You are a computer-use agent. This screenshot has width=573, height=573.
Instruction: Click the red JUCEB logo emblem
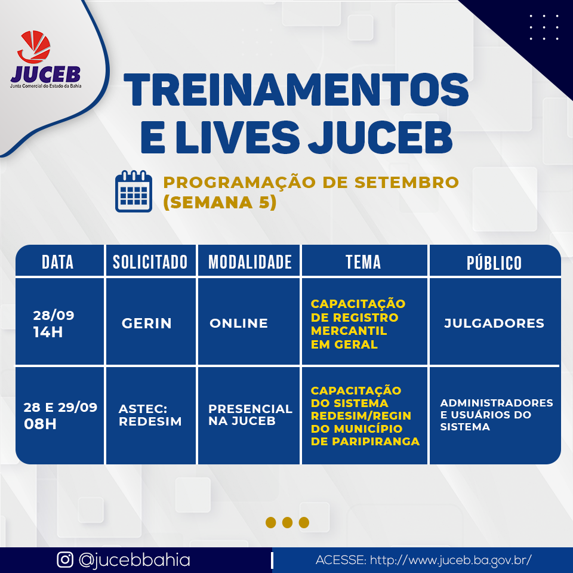pyautogui.click(x=34, y=47)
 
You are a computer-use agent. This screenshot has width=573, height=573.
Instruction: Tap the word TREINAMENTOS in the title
pyautogui.click(x=296, y=90)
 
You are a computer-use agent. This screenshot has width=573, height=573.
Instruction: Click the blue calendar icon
pyautogui.click(x=133, y=191)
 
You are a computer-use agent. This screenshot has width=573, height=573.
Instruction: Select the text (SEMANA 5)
pyautogui.click(x=220, y=202)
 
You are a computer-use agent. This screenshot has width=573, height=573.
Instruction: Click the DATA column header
pyautogui.click(x=58, y=262)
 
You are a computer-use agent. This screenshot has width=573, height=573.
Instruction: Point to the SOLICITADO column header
pyautogui.click(x=150, y=262)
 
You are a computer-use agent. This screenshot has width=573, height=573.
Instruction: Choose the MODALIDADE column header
pyautogui.click(x=250, y=262)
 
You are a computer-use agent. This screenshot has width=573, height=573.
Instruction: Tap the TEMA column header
pyautogui.click(x=363, y=262)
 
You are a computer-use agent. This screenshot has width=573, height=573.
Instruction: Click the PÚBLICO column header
pyautogui.click(x=494, y=262)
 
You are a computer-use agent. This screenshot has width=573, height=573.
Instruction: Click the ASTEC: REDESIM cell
pyautogui.click(x=150, y=415)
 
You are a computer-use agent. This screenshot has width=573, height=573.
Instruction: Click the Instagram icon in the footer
pyautogui.click(x=65, y=559)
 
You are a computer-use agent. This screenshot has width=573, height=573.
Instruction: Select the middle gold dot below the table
pyautogui.click(x=287, y=523)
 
